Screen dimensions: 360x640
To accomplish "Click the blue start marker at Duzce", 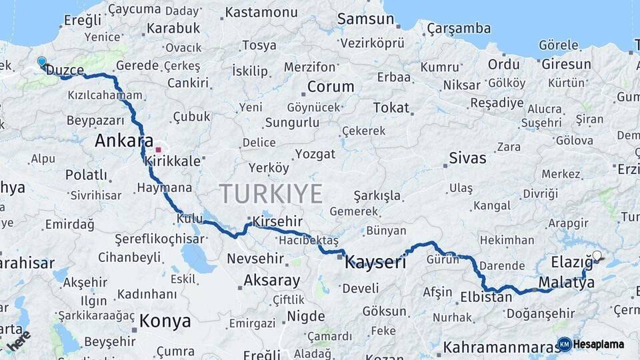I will pos(42,62).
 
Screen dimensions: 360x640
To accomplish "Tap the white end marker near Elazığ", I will pos(597,256).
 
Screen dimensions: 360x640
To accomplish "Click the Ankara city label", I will pos(119,141).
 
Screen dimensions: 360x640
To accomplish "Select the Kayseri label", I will pos(375,262).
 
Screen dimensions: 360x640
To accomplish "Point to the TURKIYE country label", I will pos(271,193).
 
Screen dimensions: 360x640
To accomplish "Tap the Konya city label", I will pos(165,321).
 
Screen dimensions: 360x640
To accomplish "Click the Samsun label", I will pos(365,19).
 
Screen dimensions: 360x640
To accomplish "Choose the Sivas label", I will pos(467,158).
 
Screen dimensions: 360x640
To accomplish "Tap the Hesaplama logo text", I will pos(598,344).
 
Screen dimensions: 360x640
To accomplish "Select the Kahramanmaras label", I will pos(500,347).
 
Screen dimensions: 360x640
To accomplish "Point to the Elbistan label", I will pos(486,297).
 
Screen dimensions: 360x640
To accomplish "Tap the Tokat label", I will pos(391,107).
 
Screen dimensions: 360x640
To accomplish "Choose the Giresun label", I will pos(566,65).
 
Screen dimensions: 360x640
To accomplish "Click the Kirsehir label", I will pos(275,221).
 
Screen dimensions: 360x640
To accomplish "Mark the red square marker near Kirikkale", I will pos(159,149).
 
